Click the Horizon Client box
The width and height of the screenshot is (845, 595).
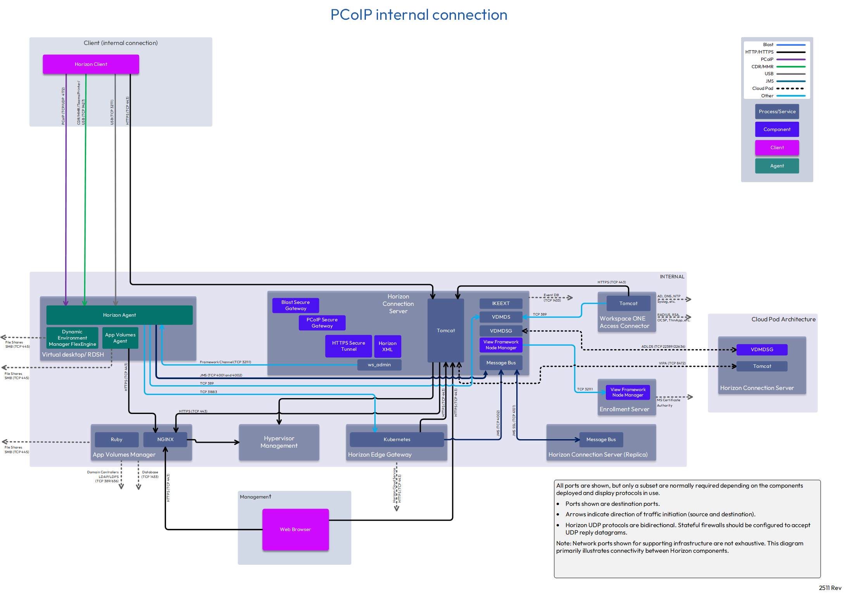91,64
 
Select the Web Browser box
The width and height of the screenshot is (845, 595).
295,529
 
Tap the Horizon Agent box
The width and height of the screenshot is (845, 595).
119,315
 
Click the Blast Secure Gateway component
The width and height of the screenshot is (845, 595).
295,305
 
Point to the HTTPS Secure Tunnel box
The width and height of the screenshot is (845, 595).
348,346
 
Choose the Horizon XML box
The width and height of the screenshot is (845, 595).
387,346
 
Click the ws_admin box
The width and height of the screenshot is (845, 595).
379,365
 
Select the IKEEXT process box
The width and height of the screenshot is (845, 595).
501,304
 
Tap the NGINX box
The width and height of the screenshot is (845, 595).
165,440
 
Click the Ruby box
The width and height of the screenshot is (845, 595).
116,440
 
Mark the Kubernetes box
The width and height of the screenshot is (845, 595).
397,440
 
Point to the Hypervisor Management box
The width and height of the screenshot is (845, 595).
279,442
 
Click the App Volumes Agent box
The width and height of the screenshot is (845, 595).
120,338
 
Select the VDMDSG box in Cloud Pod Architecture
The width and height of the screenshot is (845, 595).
762,350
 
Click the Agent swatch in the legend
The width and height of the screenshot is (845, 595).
777,166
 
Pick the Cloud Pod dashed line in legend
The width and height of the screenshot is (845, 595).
791,88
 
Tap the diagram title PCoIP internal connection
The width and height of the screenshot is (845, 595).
419,15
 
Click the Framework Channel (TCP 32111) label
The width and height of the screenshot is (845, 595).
225,362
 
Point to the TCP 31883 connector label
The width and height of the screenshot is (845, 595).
208,392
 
